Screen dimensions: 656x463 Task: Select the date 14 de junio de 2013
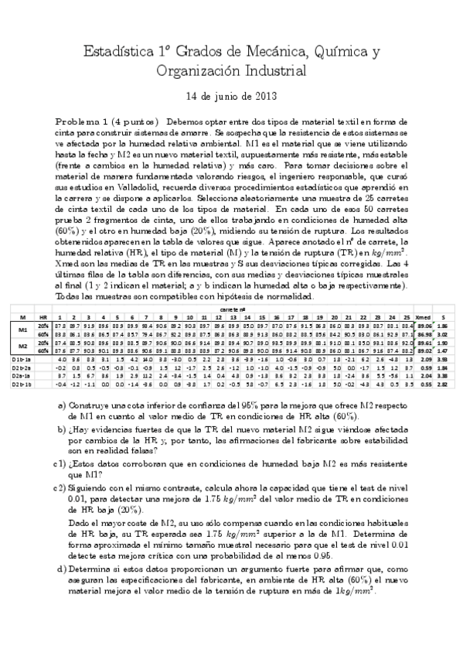[x=231, y=97]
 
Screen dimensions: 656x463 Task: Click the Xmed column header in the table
[x=423, y=317]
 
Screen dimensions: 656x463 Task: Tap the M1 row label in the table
[x=22, y=330]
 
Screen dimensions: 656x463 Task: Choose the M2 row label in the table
[x=22, y=347]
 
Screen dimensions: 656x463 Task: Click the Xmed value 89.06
[x=423, y=326]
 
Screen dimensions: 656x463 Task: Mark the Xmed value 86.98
[x=423, y=334]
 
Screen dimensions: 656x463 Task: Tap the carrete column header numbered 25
[x=406, y=317]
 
